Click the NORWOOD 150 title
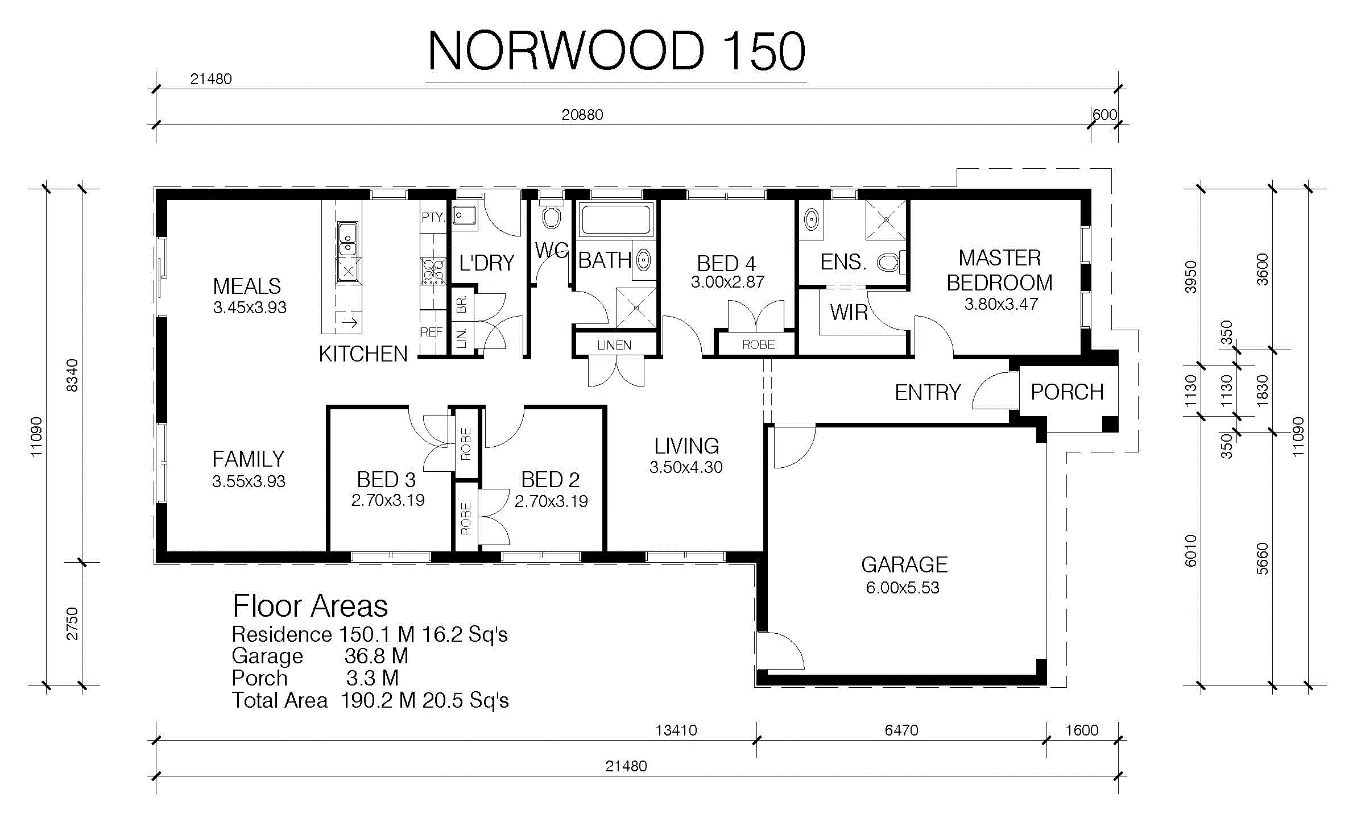pyautogui.click(x=616, y=51)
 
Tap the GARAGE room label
pyautogui.click(x=904, y=564)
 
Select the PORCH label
pyautogui.click(x=1067, y=392)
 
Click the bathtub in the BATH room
pyautogui.click(x=616, y=219)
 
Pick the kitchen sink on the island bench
pyautogui.click(x=347, y=239)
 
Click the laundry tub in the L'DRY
pyautogui.click(x=465, y=215)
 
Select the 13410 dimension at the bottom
pyautogui.click(x=676, y=730)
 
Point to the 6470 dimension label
pyautogui.click(x=901, y=730)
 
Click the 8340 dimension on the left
pyautogui.click(x=72, y=375)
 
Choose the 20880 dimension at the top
pyautogui.click(x=582, y=114)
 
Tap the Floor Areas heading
pyautogui.click(x=310, y=606)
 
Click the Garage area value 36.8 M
pyautogui.click(x=377, y=656)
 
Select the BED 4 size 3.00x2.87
pyautogui.click(x=727, y=282)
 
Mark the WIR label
pyautogui.click(x=849, y=312)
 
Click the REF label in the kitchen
pyautogui.click(x=431, y=332)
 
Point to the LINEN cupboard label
pyautogui.click(x=614, y=345)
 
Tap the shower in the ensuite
pyautogui.click(x=886, y=219)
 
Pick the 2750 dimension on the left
pyautogui.click(x=72, y=624)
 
